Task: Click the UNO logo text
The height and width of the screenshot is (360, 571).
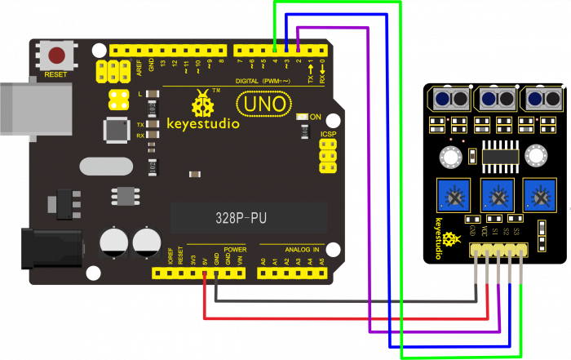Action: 263,104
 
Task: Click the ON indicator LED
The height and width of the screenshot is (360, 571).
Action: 301,118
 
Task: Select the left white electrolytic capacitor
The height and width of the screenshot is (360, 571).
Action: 113,242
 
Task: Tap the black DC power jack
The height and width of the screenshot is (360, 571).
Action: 51,248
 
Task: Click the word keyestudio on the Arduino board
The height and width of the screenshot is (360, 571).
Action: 203,124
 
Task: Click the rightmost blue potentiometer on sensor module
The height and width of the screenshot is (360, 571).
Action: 538,194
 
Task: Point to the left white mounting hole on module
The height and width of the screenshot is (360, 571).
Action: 449,156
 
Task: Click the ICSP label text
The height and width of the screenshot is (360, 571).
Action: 328,134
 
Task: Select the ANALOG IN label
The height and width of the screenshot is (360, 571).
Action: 302,249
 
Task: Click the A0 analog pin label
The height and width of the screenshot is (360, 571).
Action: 263,262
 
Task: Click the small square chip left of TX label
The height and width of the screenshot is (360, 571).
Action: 117,129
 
